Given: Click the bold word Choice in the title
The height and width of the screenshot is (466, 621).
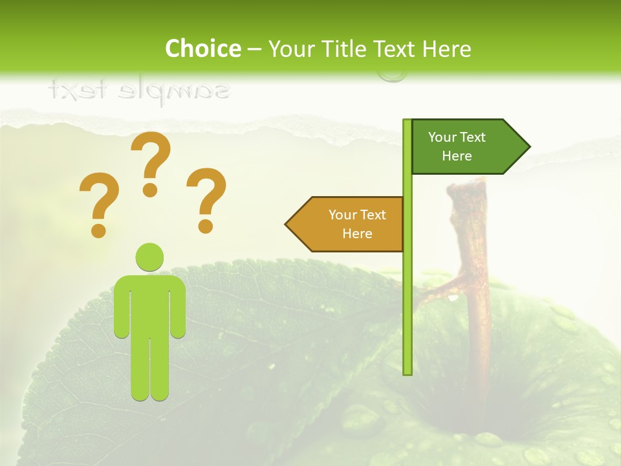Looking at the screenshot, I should tap(202, 49).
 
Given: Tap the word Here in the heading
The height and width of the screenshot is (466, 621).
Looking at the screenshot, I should tap(446, 49).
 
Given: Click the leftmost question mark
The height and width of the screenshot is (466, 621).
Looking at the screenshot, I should tap(98, 201).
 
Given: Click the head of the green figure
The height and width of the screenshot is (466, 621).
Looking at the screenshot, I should tap(149, 257).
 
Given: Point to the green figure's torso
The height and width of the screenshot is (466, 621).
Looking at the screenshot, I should tap(149, 304).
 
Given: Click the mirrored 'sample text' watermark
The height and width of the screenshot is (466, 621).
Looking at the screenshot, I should tap(139, 90).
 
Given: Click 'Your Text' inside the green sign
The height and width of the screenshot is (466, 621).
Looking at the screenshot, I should tap(457, 137).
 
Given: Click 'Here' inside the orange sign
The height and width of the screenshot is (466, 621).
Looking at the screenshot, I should tap(357, 234).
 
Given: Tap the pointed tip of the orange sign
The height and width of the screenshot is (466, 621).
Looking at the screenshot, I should tap(287, 224).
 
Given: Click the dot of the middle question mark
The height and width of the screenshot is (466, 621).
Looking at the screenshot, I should tap(150, 190).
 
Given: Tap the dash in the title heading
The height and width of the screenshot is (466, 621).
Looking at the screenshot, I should tap(254, 49).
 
